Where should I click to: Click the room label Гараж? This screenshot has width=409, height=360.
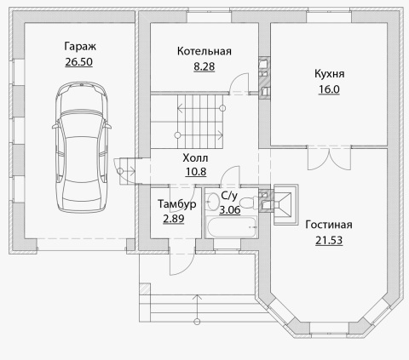pyautogui.click(x=80, y=46)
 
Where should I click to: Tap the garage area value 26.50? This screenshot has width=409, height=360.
pyautogui.click(x=79, y=62)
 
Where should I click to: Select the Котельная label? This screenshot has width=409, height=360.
pyautogui.click(x=204, y=51)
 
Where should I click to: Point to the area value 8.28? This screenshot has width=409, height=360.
pyautogui.click(x=204, y=66)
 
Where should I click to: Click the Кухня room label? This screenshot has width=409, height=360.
pyautogui.click(x=330, y=74)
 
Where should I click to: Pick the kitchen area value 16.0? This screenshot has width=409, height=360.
pyautogui.click(x=329, y=89)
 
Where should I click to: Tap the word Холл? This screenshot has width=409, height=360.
pyautogui.click(x=195, y=157)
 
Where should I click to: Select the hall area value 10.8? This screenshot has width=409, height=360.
pyautogui.click(x=196, y=172)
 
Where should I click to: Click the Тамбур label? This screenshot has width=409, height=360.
pyautogui.click(x=177, y=204)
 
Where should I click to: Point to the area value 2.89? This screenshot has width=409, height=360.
pyautogui.click(x=174, y=219)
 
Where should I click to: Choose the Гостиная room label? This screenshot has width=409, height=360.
pyautogui.click(x=329, y=225)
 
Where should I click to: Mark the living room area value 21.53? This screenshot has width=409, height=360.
pyautogui.click(x=329, y=240)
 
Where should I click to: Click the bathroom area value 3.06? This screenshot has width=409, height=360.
pyautogui.click(x=230, y=210)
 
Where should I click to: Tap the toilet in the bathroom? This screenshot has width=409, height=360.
pyautogui.click(x=249, y=203)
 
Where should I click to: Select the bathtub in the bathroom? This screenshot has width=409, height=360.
pyautogui.click(x=232, y=227)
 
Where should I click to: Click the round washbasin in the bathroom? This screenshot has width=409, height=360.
pyautogui.click(x=213, y=201)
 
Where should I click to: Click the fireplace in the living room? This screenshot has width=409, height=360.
pyautogui.click(x=285, y=204)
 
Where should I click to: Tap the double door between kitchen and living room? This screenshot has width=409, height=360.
pyautogui.click(x=329, y=158)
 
